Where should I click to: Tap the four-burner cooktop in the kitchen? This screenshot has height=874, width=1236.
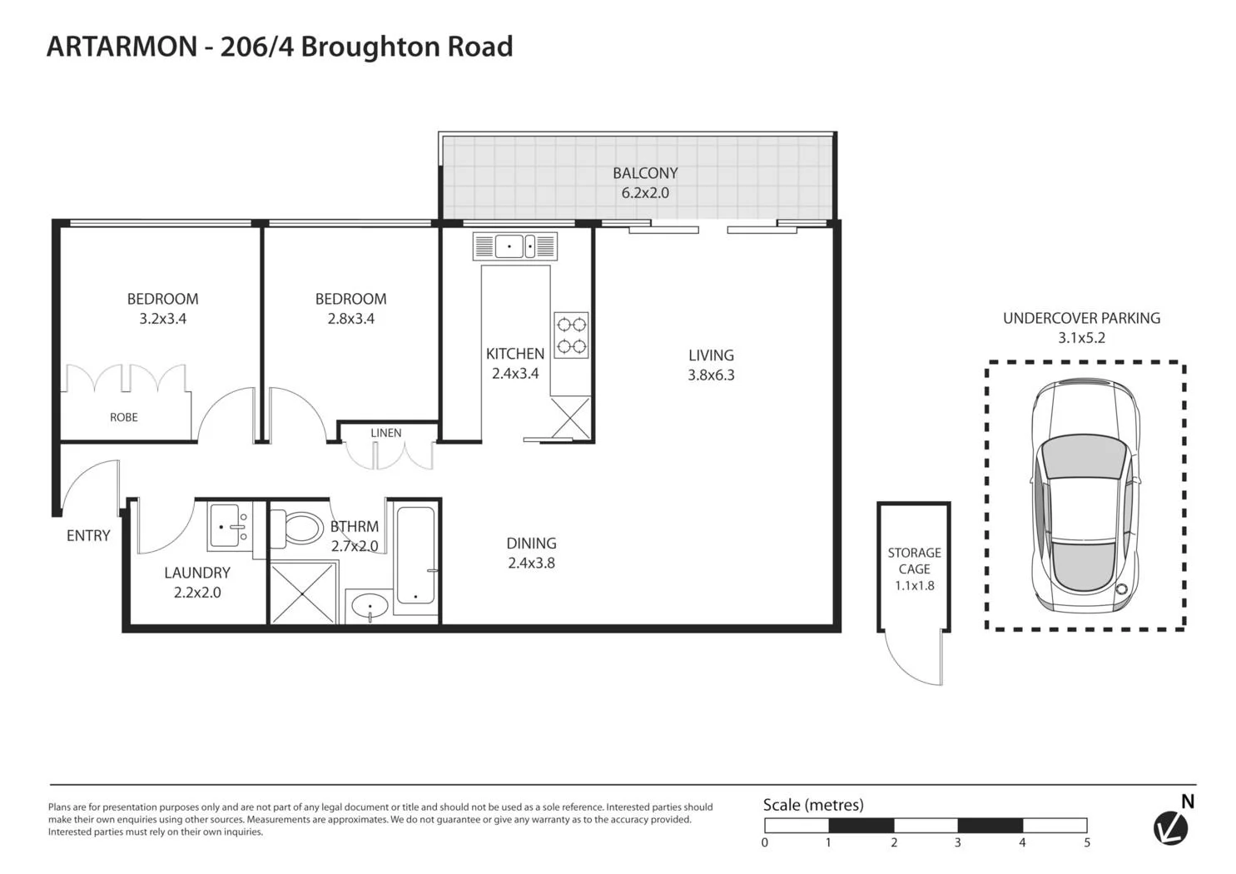pyautogui.click(x=571, y=335)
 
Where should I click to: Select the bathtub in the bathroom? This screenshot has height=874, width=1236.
pyautogui.click(x=415, y=555)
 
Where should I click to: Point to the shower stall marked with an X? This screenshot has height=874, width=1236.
pyautogui.click(x=304, y=592)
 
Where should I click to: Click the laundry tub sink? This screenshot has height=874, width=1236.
pyautogui.click(x=229, y=526)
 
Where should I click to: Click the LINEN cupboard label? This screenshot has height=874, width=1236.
pyautogui.click(x=385, y=433)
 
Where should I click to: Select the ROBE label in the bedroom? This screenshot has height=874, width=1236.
pyautogui.click(x=124, y=417)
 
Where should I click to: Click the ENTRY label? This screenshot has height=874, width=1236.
pyautogui.click(x=88, y=536)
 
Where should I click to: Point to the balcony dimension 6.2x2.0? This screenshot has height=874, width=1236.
pyautogui.click(x=645, y=193)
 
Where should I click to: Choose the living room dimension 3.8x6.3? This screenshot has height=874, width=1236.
pyautogui.click(x=711, y=375)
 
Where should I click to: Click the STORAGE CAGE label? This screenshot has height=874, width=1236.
pyautogui.click(x=914, y=560)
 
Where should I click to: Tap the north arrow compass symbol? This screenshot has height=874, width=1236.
pyautogui.click(x=1171, y=827)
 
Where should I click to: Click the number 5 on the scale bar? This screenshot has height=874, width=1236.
pyautogui.click(x=1087, y=842)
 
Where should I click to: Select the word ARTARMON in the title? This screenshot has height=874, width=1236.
pyautogui.click(x=122, y=47)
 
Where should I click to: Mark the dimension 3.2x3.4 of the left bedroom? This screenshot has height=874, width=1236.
pyautogui.click(x=162, y=319)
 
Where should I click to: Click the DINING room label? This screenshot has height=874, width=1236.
pyautogui.click(x=531, y=544)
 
